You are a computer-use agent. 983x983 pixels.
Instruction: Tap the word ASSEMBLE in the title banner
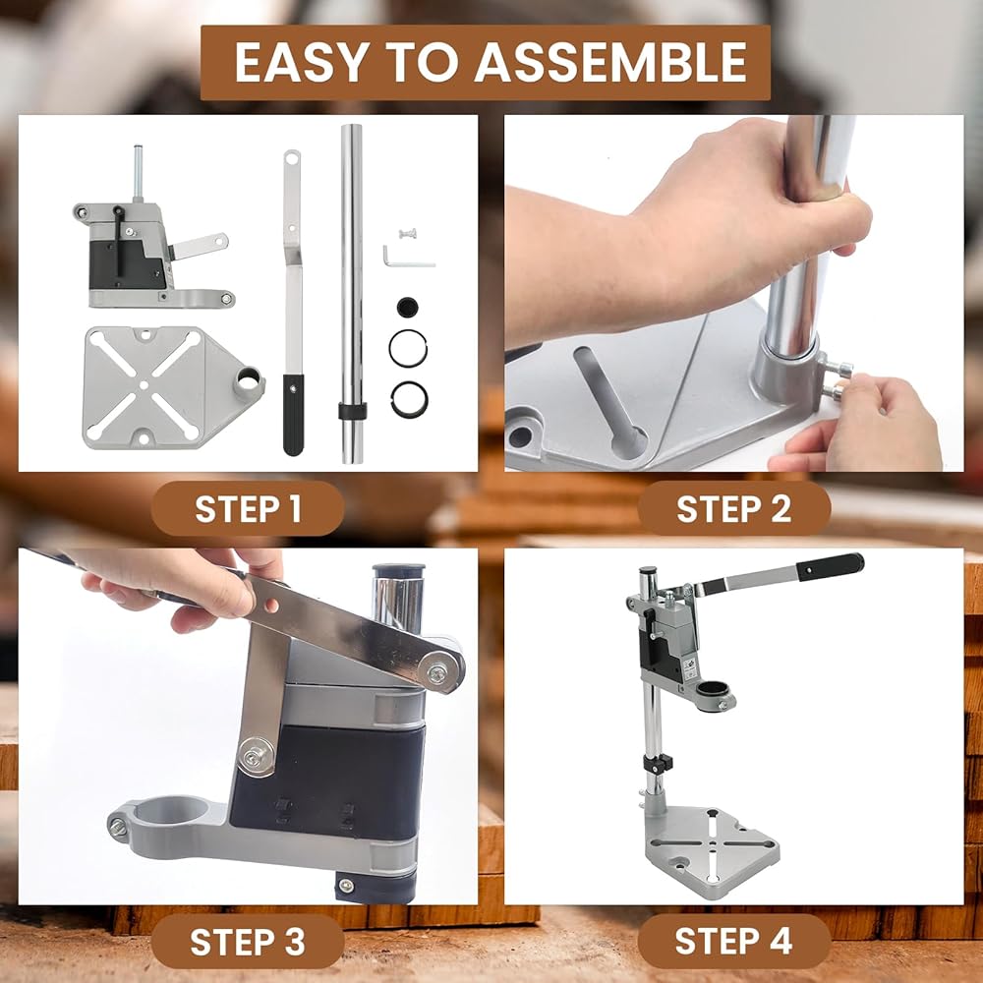[x=611, y=63]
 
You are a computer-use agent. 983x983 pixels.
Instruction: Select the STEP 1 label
[x=249, y=508]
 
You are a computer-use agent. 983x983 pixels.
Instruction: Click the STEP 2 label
[x=733, y=508]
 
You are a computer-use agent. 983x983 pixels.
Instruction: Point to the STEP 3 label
[x=248, y=942]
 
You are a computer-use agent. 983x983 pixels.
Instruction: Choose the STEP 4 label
[x=733, y=941]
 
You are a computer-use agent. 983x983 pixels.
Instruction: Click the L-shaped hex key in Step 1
[x=408, y=257]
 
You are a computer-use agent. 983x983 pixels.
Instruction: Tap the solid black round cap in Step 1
[x=408, y=307]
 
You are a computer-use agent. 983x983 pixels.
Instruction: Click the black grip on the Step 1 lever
[x=293, y=415]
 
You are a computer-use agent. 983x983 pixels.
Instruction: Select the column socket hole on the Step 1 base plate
[x=248, y=378]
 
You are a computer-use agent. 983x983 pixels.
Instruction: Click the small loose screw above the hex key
[x=409, y=234]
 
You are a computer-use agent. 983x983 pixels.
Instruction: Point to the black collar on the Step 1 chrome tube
[x=352, y=412]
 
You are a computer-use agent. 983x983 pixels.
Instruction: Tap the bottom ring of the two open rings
[x=409, y=399]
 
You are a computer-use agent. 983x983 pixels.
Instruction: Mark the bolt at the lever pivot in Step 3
[x=437, y=672]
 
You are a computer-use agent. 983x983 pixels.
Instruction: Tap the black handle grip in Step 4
[x=831, y=566]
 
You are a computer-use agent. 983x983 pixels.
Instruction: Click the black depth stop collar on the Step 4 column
[x=657, y=764]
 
